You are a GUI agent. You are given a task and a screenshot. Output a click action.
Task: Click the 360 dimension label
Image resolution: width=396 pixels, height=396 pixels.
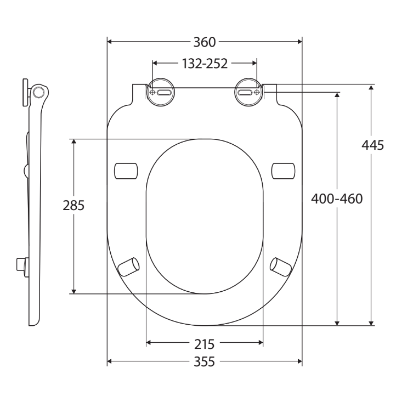pyautogui.click(x=205, y=42)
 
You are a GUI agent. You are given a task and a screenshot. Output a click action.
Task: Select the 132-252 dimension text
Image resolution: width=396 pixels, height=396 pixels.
pyautogui.click(x=205, y=64)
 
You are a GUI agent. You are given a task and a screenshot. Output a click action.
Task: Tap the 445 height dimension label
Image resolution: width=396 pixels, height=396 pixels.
pyautogui.click(x=373, y=145)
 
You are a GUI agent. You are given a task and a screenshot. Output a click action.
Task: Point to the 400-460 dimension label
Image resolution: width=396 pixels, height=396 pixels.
pyautogui.click(x=337, y=199)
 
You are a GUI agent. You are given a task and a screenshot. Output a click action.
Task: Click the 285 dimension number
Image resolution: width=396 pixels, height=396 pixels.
pyautogui.click(x=73, y=205)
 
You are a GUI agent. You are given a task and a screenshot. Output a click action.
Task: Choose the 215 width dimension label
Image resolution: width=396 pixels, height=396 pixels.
pyautogui.click(x=205, y=344)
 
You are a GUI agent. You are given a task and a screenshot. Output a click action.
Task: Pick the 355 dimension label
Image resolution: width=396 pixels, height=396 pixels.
pyautogui.click(x=205, y=361)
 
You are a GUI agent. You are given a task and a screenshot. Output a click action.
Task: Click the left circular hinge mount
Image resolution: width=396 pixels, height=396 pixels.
pyautogui.click(x=161, y=92)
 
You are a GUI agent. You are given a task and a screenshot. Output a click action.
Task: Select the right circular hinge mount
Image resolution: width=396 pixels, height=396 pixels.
pyautogui.click(x=248, y=92)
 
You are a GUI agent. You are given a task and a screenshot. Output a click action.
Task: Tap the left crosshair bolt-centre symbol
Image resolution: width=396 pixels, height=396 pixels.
pyautogui.click(x=152, y=93)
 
